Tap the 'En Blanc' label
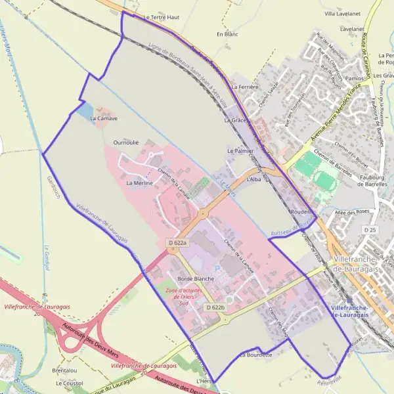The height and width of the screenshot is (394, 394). (227, 33)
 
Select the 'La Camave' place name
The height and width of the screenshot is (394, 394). (104, 118)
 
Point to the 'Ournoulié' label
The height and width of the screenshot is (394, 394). (126, 142)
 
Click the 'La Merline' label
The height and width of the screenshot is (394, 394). (139, 183)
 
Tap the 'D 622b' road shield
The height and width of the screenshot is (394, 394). (215, 307)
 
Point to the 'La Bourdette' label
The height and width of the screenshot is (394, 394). (255, 355)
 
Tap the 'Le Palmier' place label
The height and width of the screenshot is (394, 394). (240, 151)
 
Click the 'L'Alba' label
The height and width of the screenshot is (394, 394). (254, 179)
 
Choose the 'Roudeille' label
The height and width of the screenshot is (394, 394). (301, 212)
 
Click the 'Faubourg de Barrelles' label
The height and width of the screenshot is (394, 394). (369, 181)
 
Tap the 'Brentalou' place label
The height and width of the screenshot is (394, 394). (64, 370)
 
